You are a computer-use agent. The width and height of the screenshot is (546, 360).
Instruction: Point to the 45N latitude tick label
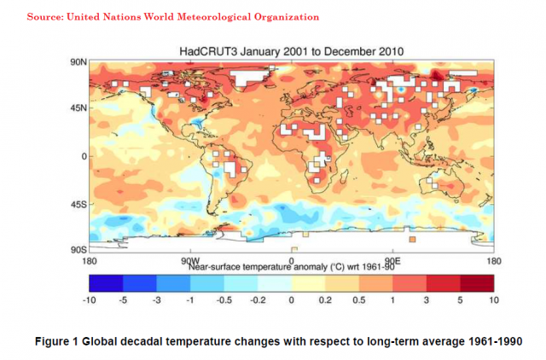(x=76, y=108)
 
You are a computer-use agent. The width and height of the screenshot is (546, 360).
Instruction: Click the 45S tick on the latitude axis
(x=76, y=203)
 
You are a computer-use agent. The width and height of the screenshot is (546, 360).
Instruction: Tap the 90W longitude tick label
(x=189, y=260)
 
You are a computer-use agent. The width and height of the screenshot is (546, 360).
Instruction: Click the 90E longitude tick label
(x=392, y=260)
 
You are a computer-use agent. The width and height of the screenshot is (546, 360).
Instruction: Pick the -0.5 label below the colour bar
(x=225, y=300)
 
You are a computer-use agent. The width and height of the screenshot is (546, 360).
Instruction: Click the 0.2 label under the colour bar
(x=325, y=300)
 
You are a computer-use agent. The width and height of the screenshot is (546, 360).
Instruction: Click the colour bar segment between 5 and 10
(x=475, y=282)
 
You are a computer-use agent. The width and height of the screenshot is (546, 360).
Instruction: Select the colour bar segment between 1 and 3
(x=409, y=282)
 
